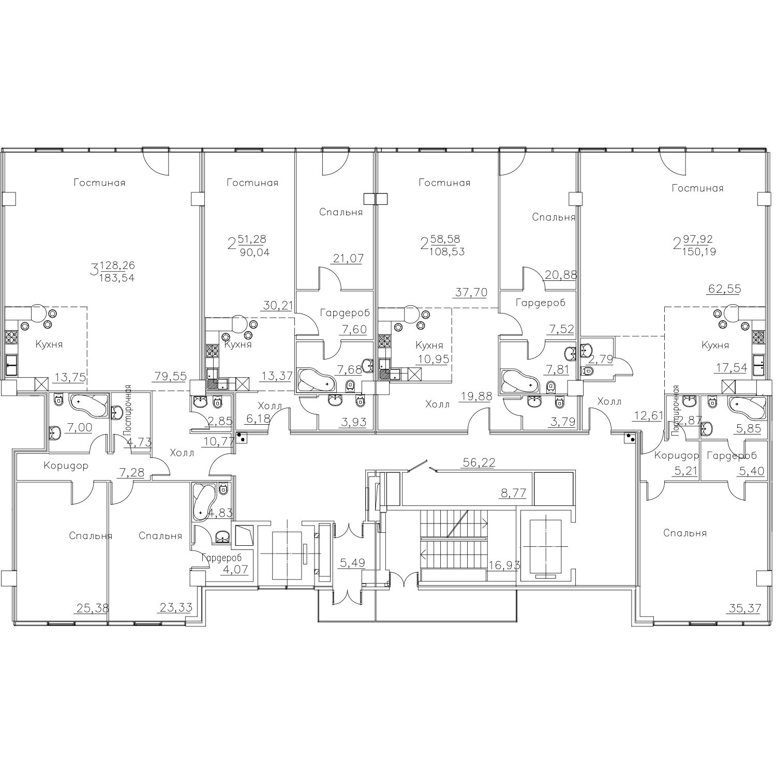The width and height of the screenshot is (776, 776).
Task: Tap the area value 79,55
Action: (170, 377)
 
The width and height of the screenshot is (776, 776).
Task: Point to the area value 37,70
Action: (471, 292)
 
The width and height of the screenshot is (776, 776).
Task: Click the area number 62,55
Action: (724, 289)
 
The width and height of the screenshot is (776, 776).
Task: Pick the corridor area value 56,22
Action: (479, 463)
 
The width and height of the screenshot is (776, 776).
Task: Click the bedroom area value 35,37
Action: (744, 608)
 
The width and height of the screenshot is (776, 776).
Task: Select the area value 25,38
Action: (92, 608)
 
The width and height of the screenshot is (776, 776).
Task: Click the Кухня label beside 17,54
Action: (715, 345)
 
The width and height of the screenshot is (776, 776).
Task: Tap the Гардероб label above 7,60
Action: (345, 313)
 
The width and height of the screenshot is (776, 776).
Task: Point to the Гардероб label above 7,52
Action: (540, 303)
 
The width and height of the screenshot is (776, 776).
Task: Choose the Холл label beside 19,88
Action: (438, 405)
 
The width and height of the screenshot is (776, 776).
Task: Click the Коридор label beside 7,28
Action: (66, 466)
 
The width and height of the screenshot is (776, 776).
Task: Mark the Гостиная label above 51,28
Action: (252, 183)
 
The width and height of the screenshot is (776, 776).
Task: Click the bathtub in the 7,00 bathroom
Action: (88, 405)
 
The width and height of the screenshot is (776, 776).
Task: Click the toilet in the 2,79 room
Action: (588, 371)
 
